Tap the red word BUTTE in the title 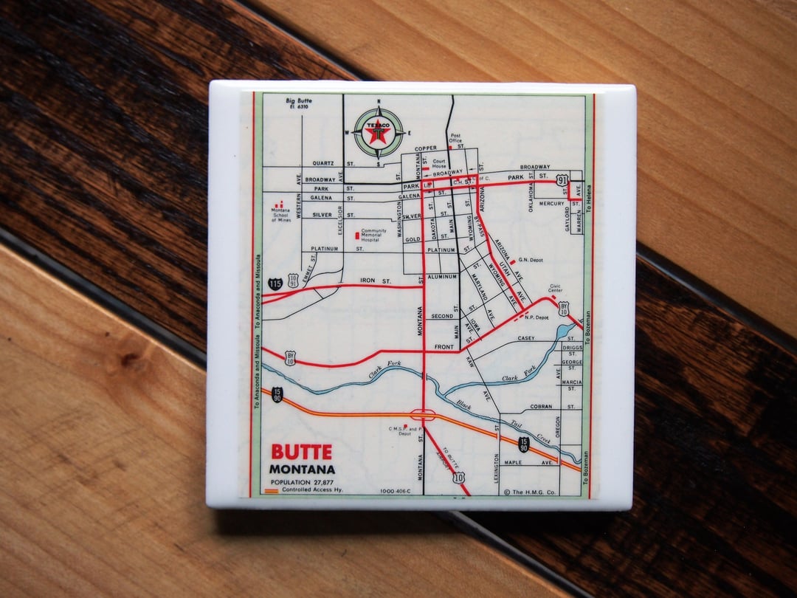click(301, 452)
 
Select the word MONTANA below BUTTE click(302, 469)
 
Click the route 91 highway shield click(563, 180)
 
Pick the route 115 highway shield click(275, 283)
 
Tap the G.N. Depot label click(531, 260)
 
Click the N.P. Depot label click(536, 317)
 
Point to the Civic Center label click(556, 289)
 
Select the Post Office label click(455, 138)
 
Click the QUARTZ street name click(323, 163)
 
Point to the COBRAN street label click(541, 407)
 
